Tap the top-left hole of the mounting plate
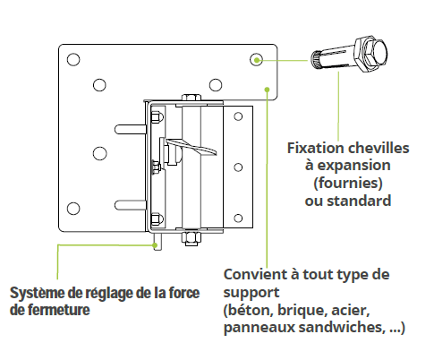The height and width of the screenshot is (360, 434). coord(73,59)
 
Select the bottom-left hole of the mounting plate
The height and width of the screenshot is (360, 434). coord(73,209)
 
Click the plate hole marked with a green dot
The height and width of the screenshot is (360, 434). coord(256,60)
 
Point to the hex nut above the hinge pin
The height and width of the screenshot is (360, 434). coord(191,98)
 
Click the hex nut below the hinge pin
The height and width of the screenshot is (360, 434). coord(191,238)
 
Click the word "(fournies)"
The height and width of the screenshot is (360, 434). coord(348,183)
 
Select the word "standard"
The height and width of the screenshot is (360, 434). coord(359,201)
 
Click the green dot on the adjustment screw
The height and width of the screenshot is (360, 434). coord(155,245)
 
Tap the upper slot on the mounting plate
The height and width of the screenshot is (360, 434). coord(131,129)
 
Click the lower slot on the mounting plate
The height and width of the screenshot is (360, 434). coord(131,205)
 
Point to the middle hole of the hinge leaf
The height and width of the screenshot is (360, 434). coord(238,167)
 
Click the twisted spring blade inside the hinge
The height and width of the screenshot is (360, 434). coord(191,147)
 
